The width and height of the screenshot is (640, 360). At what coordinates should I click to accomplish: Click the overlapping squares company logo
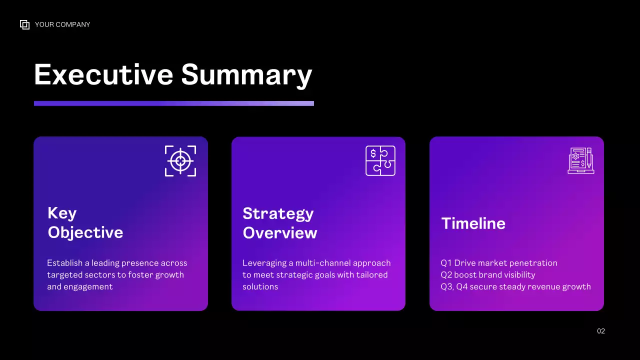[x=24, y=24]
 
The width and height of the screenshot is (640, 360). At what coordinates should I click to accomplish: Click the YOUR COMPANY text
[x=62, y=24]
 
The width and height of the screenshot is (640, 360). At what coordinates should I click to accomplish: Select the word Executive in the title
[x=103, y=74]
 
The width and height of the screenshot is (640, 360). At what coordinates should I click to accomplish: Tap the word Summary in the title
[x=246, y=74]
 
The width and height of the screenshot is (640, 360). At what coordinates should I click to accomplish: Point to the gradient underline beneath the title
[x=173, y=103]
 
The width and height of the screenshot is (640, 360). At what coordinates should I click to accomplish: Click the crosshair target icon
[x=180, y=161]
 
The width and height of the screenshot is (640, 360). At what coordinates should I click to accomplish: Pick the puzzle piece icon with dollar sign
[x=380, y=160]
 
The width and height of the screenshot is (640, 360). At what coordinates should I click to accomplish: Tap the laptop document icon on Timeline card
[x=581, y=160]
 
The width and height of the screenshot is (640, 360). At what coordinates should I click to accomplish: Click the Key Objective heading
[x=85, y=222]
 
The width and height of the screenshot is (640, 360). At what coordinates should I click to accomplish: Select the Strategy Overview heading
[x=279, y=223]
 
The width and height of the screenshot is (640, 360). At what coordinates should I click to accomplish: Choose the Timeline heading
[x=473, y=223]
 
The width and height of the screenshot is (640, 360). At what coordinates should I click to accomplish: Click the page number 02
[x=601, y=331]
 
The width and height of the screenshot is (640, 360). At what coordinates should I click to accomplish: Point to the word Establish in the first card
[x=64, y=263]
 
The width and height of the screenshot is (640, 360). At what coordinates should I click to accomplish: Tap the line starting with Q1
[x=498, y=263]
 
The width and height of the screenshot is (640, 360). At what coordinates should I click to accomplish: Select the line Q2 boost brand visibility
[x=487, y=275]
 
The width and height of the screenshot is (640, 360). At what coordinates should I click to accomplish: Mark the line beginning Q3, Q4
[x=515, y=287]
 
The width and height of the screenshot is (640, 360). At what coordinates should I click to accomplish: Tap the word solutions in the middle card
[x=260, y=287]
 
